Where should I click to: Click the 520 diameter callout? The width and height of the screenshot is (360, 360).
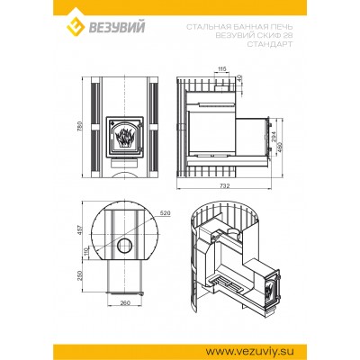coord(164,212)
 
